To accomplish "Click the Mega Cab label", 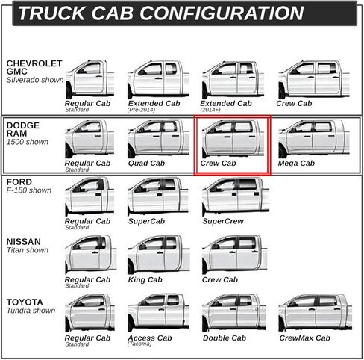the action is (296, 164).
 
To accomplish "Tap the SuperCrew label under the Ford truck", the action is (223, 221).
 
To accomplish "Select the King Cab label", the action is (145, 280).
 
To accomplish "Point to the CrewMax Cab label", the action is (304, 338).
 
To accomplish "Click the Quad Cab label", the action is (146, 164).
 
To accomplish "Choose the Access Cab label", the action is (150, 338).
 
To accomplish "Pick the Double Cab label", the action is (225, 338).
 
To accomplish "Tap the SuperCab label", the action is (146, 221).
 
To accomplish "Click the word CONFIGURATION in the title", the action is (222, 13).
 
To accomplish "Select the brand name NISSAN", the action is (23, 242).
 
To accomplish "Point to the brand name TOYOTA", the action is (25, 302).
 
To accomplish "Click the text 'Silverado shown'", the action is (35, 80).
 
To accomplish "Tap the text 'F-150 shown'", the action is (29, 190).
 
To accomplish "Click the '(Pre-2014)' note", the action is (141, 110).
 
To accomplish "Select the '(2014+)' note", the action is (210, 110).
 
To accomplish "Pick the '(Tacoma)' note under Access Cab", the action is (139, 344).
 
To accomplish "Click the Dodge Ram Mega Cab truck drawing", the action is (314, 139).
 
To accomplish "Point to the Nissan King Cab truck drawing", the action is (159, 255).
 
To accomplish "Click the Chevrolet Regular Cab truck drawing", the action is (90, 79).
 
